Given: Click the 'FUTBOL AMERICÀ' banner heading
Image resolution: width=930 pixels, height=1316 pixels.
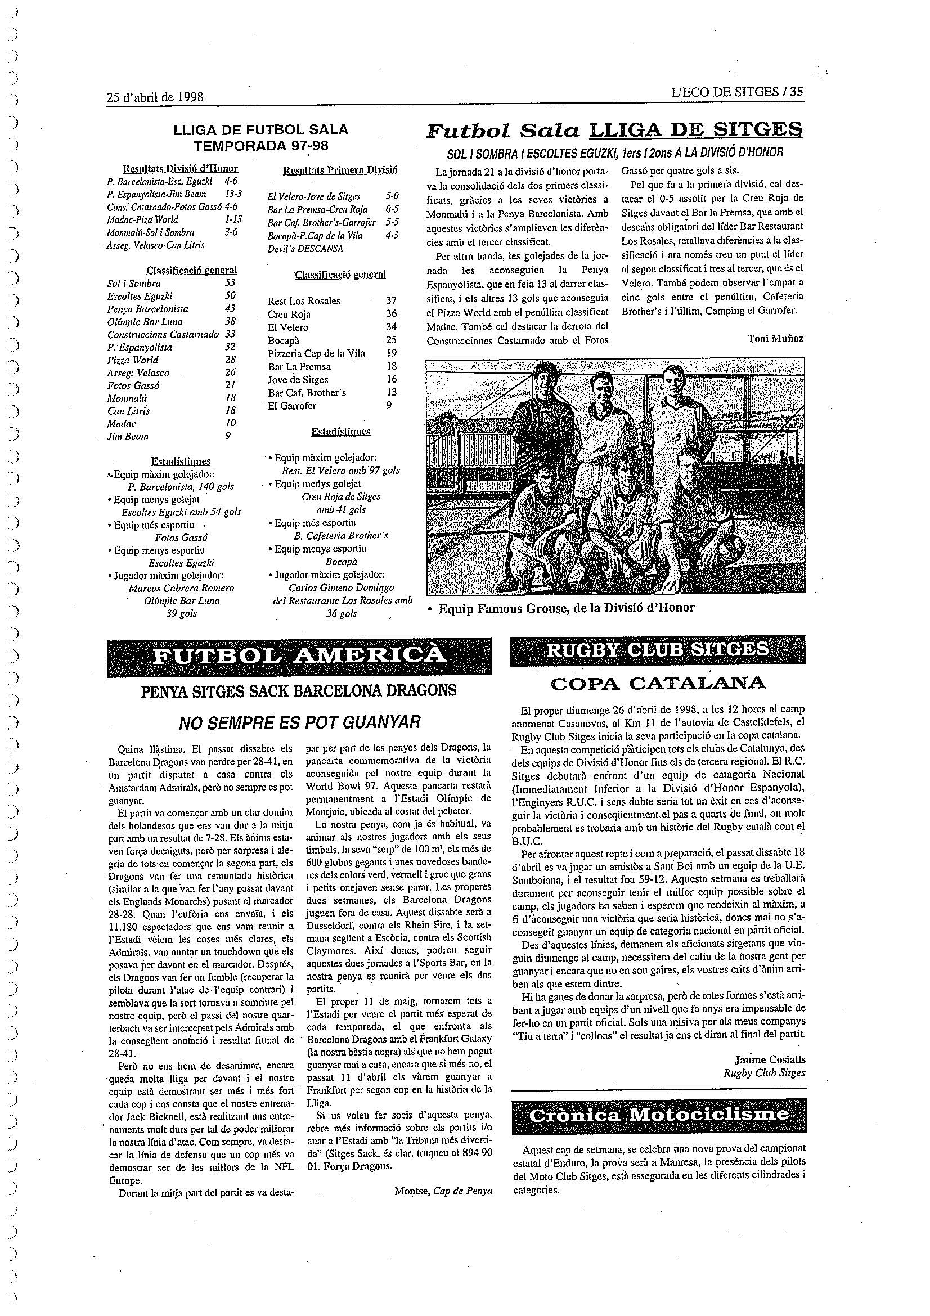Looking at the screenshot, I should pos(299,655).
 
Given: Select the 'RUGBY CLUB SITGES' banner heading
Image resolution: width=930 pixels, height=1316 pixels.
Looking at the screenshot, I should pos(657,649).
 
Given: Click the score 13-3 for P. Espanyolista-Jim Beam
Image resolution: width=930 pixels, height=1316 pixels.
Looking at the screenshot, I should pos(233,194).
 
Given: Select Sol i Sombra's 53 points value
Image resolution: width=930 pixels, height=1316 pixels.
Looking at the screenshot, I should pos(230,283).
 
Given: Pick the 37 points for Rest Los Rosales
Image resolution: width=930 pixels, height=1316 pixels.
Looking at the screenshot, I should pos(391,300).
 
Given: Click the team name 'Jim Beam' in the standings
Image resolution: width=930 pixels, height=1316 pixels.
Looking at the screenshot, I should pos(128,436).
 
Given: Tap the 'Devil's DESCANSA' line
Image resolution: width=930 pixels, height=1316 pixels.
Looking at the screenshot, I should pos(305,249).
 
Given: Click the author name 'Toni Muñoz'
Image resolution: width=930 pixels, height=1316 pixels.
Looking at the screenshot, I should pos(775,338).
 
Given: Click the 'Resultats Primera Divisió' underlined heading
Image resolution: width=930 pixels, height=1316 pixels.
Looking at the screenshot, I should pos(340,170).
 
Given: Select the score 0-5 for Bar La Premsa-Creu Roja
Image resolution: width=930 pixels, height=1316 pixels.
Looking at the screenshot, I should pos(392,209).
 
